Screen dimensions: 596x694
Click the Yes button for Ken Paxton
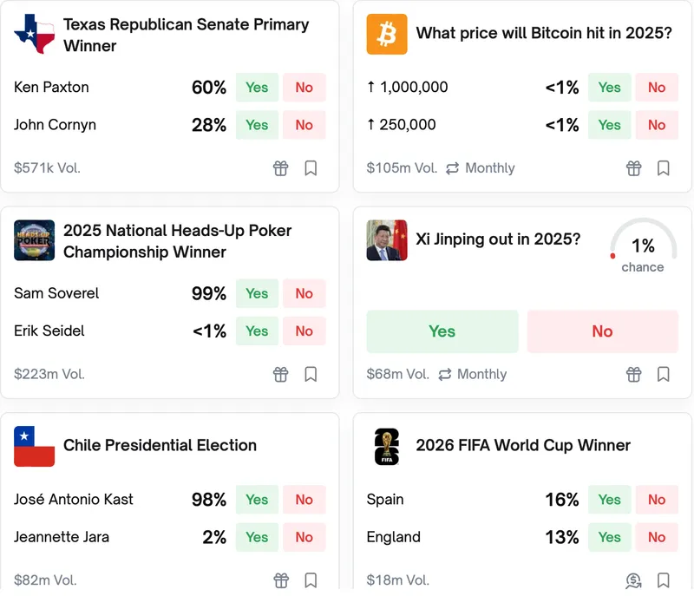257,87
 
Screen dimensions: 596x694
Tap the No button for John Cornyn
304,125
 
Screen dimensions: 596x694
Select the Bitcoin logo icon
387,34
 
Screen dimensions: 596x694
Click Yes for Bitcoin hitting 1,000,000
609,87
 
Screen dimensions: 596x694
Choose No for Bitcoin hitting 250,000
656,125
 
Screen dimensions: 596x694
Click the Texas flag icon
35,34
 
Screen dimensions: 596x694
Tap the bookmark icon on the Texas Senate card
311,168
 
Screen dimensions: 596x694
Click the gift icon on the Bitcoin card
634,168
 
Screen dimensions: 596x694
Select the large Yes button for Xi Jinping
442,331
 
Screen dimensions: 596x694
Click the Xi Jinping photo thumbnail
387,240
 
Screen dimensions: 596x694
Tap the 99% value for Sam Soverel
209,293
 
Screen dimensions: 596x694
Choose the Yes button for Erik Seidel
257,331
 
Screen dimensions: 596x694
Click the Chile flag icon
35,446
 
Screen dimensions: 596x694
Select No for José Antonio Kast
304,500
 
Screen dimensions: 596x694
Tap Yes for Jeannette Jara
257,537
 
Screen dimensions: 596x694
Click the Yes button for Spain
609,500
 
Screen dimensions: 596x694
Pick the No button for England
656,537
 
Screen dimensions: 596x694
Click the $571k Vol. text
47,168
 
